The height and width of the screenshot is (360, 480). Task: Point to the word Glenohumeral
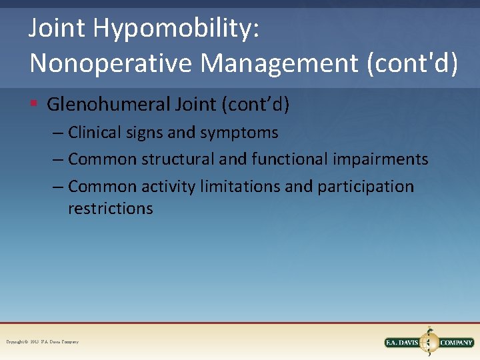click(x=109, y=105)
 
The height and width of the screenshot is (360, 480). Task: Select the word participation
click(x=365, y=187)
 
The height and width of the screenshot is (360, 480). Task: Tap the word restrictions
click(x=111, y=209)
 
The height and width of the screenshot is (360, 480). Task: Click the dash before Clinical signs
click(x=58, y=133)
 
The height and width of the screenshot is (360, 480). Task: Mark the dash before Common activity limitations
click(x=58, y=187)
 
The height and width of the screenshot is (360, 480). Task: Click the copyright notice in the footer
click(x=42, y=342)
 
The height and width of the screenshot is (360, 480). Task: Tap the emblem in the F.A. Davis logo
click(x=430, y=342)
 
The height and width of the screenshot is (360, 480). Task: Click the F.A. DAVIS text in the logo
click(x=404, y=343)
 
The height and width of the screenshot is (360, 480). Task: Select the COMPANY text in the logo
click(x=456, y=343)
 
